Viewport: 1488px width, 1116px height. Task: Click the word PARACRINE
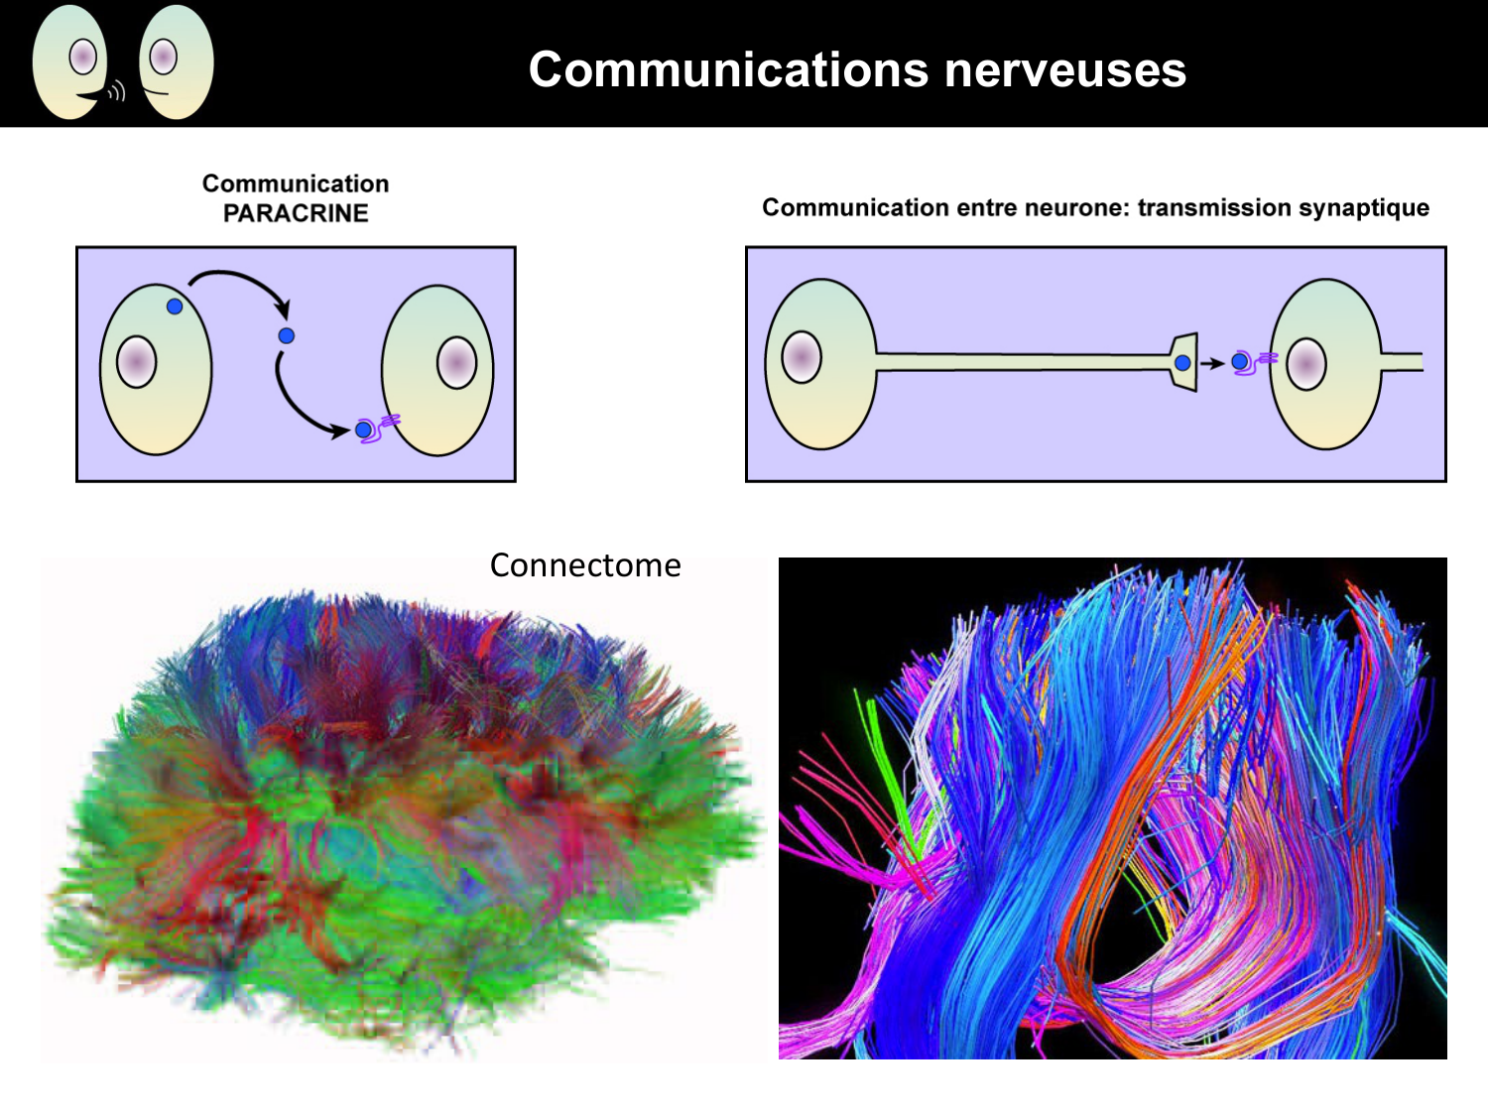[x=296, y=213]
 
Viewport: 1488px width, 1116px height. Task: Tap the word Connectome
[x=585, y=565]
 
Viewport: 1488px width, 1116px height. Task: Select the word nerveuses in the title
[x=1065, y=70]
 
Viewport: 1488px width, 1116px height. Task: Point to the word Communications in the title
[x=729, y=70]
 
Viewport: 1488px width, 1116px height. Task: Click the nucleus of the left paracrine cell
[x=137, y=362]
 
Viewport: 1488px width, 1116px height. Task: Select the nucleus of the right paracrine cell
[x=456, y=362]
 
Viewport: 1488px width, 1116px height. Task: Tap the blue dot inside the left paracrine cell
[x=175, y=307]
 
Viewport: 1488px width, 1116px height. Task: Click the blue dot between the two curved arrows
[x=287, y=335]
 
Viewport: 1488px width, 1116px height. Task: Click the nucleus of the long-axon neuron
[x=802, y=357]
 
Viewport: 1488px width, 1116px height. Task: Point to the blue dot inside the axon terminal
[x=1182, y=363]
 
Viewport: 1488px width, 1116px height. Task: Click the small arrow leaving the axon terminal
[x=1212, y=363]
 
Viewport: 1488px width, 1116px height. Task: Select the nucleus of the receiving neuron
[x=1306, y=364]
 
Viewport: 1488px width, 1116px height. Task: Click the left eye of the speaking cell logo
[x=83, y=57]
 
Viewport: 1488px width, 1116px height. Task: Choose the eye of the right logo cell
[x=164, y=57]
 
